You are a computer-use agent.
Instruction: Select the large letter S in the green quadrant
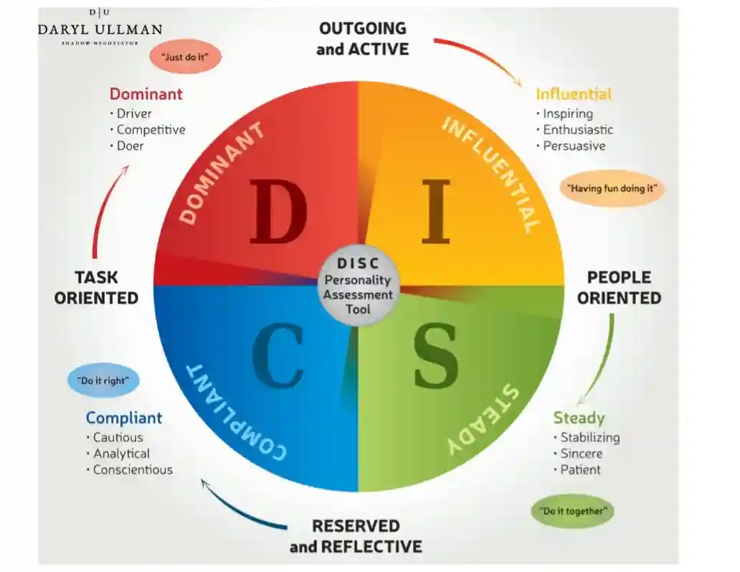coord(435,357)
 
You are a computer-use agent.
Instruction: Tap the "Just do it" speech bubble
coord(185,56)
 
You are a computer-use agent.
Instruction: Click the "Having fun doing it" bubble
coord(612,189)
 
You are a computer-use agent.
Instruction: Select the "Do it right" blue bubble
coord(104,381)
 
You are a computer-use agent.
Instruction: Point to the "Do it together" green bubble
coord(572,511)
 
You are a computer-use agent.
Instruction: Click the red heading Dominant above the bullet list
coord(146,94)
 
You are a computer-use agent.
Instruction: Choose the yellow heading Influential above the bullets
coord(573,94)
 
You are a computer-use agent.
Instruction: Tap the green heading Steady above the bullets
coord(579,418)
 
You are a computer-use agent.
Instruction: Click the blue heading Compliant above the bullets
coord(124,418)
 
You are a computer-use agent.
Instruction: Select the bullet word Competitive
coord(151,130)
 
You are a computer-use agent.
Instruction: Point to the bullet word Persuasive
coord(574,146)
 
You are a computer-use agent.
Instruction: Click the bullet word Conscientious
coord(133,470)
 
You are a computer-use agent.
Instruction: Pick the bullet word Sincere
coord(581,454)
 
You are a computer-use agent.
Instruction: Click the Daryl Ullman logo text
coord(100,29)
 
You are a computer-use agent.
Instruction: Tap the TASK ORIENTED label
coord(96,287)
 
